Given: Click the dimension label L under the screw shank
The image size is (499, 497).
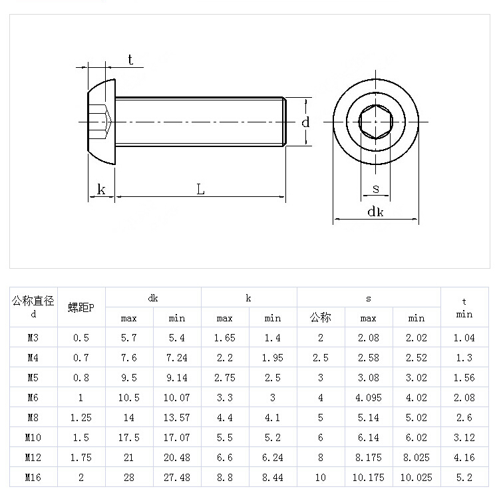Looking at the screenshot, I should (x=200, y=189).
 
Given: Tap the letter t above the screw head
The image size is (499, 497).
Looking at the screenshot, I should (x=130, y=60).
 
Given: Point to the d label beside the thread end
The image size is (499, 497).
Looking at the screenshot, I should (x=305, y=122).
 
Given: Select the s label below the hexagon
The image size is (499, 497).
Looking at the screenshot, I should (x=376, y=189).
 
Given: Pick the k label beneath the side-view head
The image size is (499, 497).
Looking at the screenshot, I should (x=101, y=190).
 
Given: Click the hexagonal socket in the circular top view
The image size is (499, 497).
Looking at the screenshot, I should (x=376, y=122).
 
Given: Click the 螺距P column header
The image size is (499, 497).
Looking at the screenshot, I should (x=81, y=307).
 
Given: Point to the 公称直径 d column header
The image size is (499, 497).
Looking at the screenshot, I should (x=33, y=306).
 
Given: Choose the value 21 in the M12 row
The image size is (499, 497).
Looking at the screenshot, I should (x=129, y=457).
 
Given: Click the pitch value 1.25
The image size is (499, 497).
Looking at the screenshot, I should (x=81, y=417).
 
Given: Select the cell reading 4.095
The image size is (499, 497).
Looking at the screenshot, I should (x=369, y=397).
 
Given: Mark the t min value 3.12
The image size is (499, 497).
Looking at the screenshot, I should (x=464, y=437).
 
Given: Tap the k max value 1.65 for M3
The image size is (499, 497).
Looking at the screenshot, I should (x=225, y=337).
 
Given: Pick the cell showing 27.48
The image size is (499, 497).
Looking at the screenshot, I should (x=177, y=477).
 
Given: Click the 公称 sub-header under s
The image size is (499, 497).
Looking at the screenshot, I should (x=321, y=318).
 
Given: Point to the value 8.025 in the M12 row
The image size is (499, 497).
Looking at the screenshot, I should (x=416, y=457).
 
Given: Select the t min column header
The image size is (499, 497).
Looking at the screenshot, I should (x=464, y=307).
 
